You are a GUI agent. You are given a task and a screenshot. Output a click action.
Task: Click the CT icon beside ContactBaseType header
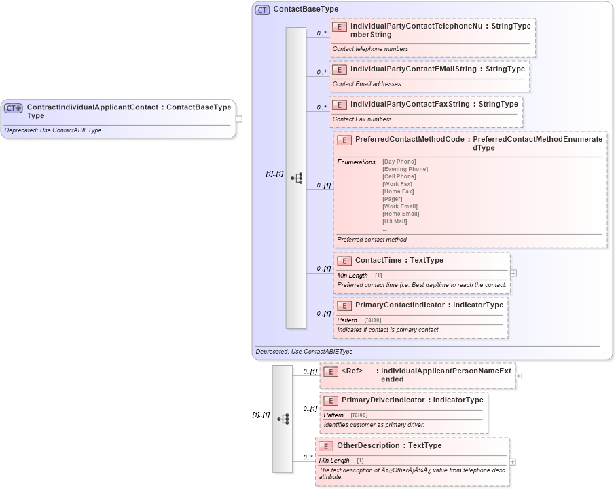pyautogui.click(x=262, y=10)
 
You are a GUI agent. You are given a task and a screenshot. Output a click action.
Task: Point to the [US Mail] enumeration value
pyautogui.click(x=395, y=221)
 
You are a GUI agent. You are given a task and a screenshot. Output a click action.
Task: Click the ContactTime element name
pyautogui.click(x=378, y=260)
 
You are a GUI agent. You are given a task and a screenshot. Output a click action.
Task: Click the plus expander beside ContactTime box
pyautogui.click(x=513, y=273)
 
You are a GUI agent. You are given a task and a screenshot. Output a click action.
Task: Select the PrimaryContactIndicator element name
pyautogui.click(x=401, y=305)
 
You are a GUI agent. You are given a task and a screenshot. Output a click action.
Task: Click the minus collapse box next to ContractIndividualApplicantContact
pyautogui.click(x=239, y=119)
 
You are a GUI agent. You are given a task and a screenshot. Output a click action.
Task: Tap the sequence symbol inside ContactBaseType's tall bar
pyautogui.click(x=296, y=178)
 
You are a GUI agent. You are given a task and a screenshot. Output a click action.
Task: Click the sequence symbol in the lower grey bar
pyautogui.click(x=283, y=419)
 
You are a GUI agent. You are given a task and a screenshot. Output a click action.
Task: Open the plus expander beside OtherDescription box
pyautogui.click(x=512, y=461)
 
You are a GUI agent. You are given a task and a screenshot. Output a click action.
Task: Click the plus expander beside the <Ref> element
pyautogui.click(x=519, y=375)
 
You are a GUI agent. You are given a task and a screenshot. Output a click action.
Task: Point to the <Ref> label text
pyautogui.click(x=352, y=371)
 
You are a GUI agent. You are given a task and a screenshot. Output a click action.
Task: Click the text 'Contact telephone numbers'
pyautogui.click(x=370, y=49)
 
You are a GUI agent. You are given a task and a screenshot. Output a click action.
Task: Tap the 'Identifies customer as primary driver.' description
pyautogui.click(x=374, y=425)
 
